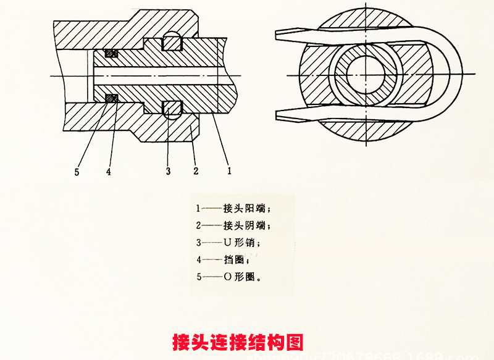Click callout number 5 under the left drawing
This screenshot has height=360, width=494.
pos(77,172)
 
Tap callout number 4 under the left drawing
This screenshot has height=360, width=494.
pos(109,172)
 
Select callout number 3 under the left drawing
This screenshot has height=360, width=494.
pos(168,171)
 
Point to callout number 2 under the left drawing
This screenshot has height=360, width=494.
pos(196,170)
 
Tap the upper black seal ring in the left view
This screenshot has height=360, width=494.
pos(111,54)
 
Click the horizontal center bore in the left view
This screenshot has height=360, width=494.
pos(154,75)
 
